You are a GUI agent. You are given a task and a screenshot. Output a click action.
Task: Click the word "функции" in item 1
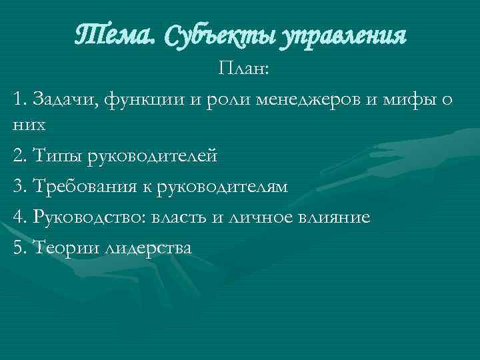(x=142, y=101)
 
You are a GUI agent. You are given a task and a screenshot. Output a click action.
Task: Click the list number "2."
(x=19, y=155)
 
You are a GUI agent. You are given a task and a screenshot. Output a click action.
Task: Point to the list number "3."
(x=19, y=187)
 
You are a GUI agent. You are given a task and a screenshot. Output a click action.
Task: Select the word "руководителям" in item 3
(x=223, y=187)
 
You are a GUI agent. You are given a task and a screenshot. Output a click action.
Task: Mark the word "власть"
(x=183, y=217)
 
